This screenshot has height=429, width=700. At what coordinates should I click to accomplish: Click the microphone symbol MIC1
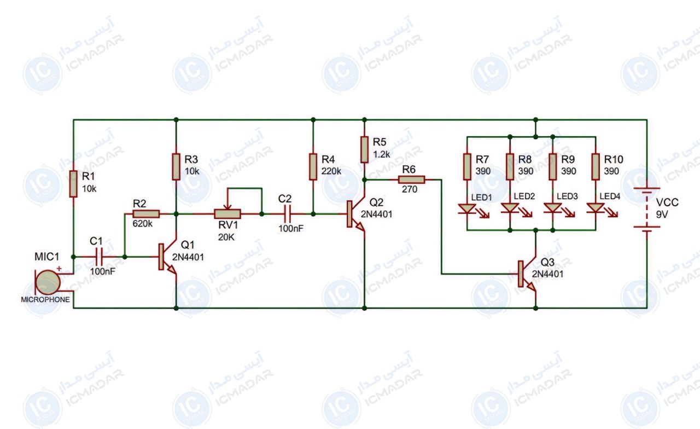(48, 282)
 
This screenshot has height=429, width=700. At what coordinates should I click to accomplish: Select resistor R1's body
(73, 184)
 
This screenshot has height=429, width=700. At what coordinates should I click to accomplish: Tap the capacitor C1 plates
(99, 257)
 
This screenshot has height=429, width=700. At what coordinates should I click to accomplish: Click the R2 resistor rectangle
(146, 214)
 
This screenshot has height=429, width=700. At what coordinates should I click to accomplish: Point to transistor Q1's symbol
(167, 257)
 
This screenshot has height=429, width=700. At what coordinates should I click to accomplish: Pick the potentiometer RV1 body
(227, 214)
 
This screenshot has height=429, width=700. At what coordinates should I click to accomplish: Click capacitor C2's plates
(288, 214)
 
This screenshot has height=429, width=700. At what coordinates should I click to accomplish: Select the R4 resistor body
(313, 167)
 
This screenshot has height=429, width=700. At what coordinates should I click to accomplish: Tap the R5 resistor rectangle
(364, 149)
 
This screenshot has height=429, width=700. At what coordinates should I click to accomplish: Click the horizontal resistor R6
(412, 179)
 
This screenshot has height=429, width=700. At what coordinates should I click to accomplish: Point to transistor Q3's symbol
(527, 274)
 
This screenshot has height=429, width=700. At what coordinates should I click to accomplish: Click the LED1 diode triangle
(467, 209)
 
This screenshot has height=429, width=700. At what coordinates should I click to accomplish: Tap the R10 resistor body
(596, 167)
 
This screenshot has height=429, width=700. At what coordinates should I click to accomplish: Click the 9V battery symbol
(647, 210)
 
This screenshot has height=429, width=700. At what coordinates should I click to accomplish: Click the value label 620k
(143, 224)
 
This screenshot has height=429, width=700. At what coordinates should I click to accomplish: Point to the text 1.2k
(382, 154)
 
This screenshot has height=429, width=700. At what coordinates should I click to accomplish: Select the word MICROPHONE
(45, 299)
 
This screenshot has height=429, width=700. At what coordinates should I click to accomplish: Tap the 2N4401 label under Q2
(377, 214)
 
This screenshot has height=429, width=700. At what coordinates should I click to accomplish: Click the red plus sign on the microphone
(59, 269)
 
